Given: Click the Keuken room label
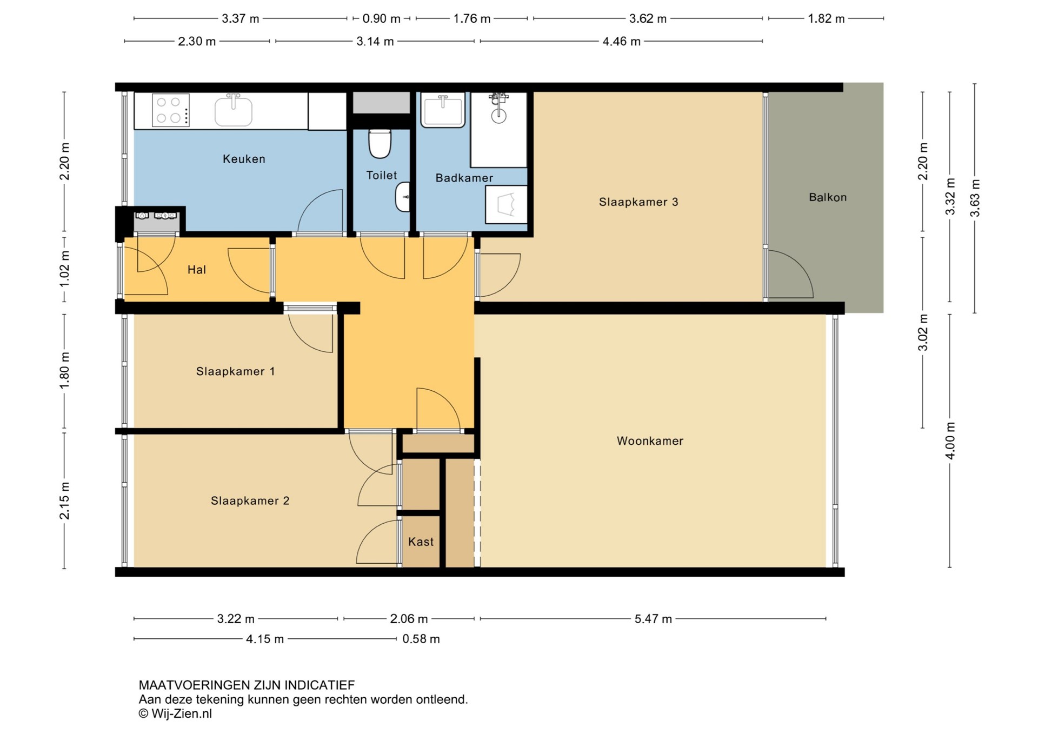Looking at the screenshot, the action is [244, 159].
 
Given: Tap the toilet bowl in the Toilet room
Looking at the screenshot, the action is [380, 143].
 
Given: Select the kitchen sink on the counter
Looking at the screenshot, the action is [234, 110].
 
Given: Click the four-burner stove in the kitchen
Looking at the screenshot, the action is [171, 110].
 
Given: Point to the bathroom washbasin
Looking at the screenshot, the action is [443, 110].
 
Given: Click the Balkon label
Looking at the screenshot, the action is [828, 197].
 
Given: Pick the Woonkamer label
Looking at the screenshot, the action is [650, 441].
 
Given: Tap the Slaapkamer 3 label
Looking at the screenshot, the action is [638, 202].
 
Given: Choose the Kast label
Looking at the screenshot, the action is [421, 542].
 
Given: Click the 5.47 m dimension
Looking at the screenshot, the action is [653, 619].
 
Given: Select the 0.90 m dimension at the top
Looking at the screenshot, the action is [382, 19].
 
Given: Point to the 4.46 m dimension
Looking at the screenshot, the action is [622, 42].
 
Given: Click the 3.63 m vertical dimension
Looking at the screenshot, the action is [975, 198].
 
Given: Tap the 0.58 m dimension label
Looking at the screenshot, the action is [421, 639].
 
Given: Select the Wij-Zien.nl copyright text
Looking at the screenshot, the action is [176, 714].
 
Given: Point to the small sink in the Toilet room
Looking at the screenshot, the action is [403, 197].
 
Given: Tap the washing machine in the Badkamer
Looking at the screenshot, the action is [506, 204].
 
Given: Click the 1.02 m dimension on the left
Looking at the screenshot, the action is [64, 269].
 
